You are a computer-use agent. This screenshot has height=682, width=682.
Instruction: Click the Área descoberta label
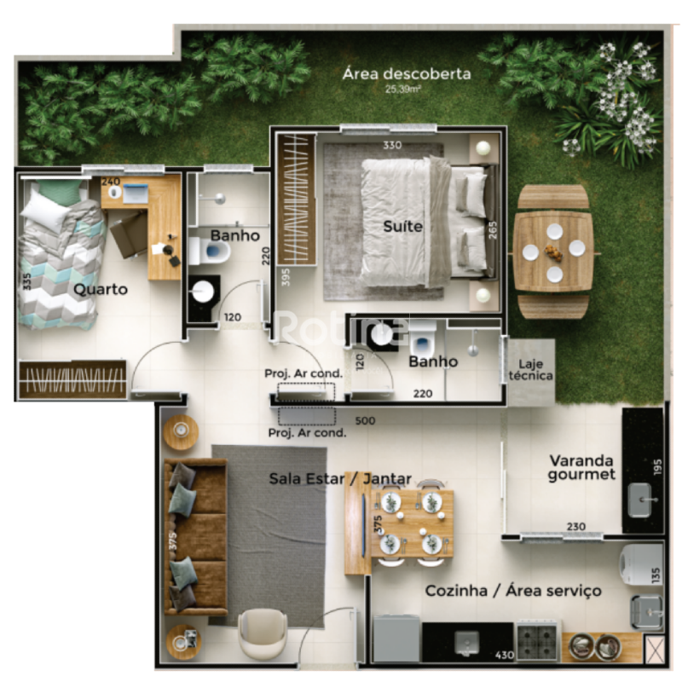[407, 73]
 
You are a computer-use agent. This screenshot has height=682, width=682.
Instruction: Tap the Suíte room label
[402, 226]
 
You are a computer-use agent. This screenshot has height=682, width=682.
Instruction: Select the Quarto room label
[101, 290]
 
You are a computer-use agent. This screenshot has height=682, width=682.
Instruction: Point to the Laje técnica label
[530, 370]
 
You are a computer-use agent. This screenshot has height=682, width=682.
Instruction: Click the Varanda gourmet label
[581, 467]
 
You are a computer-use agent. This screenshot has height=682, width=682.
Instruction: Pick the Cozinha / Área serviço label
[513, 591]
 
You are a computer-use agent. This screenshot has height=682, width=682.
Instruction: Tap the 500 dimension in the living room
[365, 420]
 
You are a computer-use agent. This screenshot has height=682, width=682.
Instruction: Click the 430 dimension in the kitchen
[505, 655]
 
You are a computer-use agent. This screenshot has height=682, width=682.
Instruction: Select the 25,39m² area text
[402, 90]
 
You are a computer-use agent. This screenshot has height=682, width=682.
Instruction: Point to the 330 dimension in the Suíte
[392, 145]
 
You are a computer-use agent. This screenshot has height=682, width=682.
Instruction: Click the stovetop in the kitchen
[537, 643]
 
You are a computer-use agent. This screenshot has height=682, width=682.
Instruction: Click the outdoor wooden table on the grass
[552, 251]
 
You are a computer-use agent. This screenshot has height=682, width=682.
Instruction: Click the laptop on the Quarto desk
[136, 194]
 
